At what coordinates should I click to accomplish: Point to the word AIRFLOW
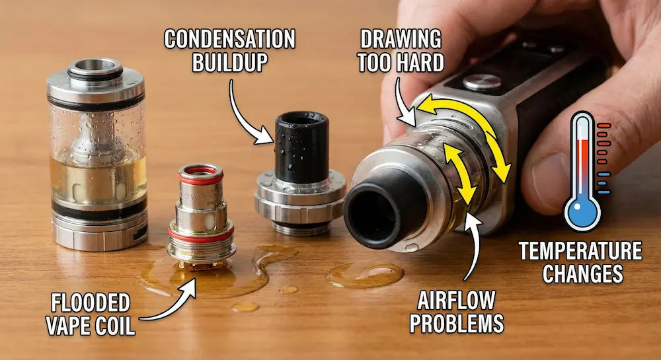point(456,301)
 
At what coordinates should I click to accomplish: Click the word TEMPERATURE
point(580,252)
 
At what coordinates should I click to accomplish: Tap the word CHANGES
point(580,273)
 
